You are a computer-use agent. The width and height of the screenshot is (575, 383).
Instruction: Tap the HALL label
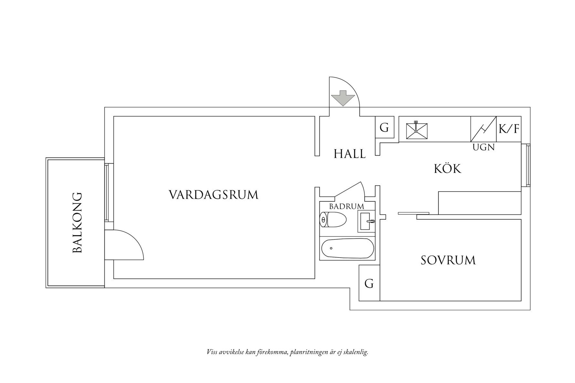click(350, 154)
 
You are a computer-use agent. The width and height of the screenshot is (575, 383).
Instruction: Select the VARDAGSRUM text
click(214, 195)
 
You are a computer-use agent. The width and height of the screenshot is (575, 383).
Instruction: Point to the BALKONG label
click(77, 223)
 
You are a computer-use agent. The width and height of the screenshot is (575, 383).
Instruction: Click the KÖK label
click(447, 168)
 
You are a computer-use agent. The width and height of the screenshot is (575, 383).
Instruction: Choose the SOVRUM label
click(448, 260)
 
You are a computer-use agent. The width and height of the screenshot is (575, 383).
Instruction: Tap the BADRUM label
click(346, 207)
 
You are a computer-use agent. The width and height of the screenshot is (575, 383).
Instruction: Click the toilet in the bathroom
click(333, 220)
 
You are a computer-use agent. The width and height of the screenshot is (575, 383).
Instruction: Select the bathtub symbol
click(348, 248)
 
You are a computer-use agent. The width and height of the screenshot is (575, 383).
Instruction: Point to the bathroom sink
click(366, 221)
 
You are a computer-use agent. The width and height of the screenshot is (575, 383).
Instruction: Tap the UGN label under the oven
click(484, 147)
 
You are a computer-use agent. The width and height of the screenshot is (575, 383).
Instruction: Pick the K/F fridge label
click(509, 129)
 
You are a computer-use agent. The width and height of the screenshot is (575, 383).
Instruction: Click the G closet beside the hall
click(384, 128)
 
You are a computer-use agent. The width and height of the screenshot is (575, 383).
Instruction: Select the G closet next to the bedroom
click(369, 284)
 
